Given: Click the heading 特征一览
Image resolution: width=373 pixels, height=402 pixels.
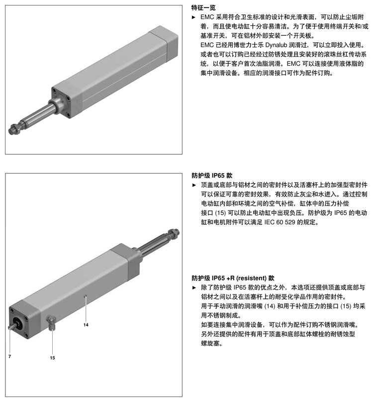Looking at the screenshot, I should coord(204,8).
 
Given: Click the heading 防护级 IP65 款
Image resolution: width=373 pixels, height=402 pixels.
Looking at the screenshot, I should coord(212,176).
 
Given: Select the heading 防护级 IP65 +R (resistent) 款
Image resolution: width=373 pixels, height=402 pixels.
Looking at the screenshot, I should coord(233,278).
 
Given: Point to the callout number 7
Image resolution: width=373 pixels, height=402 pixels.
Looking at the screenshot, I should coord(9,356).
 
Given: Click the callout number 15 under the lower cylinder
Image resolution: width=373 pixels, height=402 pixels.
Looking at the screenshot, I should coord(52,357).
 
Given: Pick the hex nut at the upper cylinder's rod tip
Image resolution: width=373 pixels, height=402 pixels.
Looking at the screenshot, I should coord(13,130).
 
